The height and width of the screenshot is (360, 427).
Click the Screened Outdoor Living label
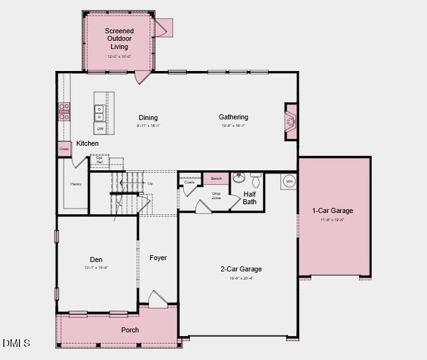119,39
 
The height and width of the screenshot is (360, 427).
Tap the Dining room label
148,117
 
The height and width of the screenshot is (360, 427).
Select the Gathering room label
233,117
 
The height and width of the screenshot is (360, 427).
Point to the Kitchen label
87,144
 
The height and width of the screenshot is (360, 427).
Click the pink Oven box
64,149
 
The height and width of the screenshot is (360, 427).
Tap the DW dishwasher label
100,129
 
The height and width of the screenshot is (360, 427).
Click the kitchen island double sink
99,112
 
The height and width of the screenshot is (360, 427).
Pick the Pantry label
76,184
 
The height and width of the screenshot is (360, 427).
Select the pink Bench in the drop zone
216,178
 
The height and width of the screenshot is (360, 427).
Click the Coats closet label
189,182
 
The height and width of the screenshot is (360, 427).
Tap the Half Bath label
250,198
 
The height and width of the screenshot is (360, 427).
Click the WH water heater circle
289,181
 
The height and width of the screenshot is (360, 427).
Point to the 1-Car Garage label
333,210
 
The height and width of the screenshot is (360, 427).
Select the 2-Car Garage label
241,269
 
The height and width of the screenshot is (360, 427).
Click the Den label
96,259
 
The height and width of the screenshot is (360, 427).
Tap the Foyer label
158,258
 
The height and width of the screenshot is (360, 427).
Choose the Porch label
130,330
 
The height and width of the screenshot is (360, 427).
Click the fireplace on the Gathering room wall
291,119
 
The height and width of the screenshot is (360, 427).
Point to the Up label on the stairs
150,183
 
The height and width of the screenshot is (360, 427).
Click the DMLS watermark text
16,342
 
